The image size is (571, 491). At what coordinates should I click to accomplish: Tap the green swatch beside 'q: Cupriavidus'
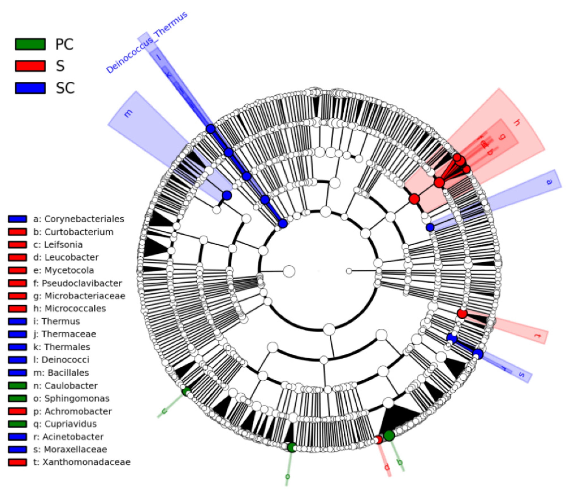tap(18, 424)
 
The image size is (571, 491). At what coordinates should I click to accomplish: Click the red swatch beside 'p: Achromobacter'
tap(18, 411)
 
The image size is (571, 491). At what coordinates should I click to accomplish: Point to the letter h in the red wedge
tap(516, 122)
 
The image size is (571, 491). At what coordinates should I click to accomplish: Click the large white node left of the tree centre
tap(289, 271)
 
